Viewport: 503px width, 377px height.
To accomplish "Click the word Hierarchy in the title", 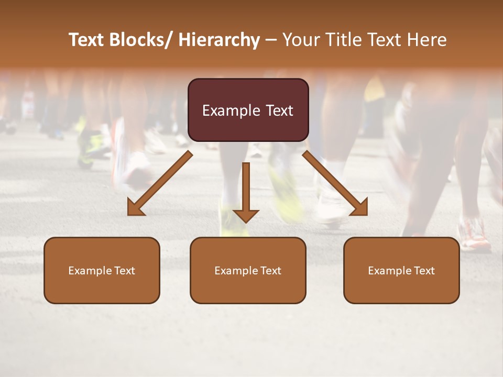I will pyautogui.click(x=219, y=40).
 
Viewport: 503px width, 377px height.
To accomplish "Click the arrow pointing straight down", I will pyautogui.click(x=246, y=194).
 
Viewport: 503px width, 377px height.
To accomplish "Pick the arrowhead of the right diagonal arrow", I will pyautogui.click(x=358, y=207).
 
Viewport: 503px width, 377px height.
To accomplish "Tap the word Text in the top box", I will pyautogui.click(x=279, y=110).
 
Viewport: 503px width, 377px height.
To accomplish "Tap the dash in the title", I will pyautogui.click(x=271, y=40).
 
